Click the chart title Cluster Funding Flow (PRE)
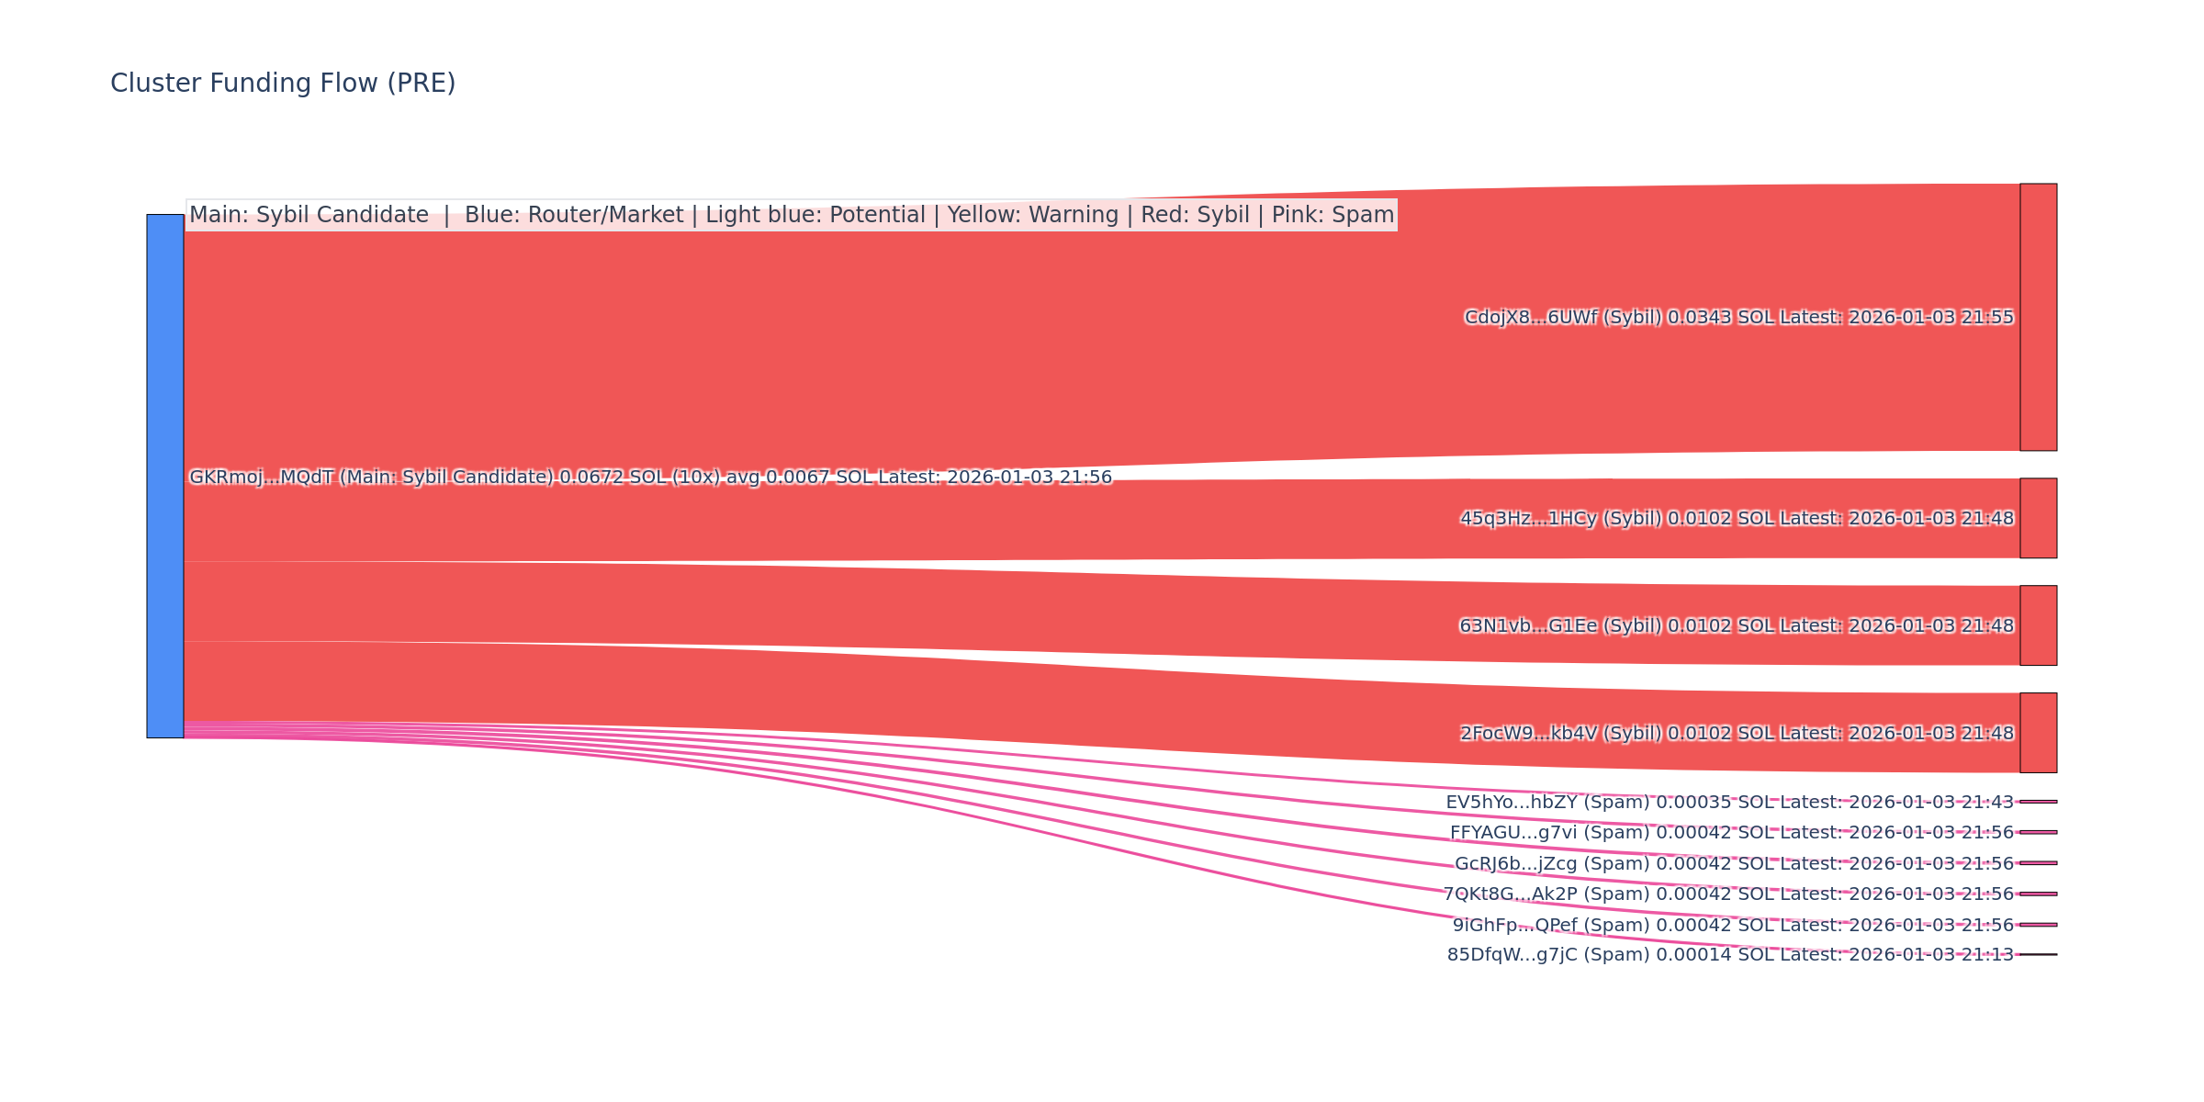click(x=283, y=84)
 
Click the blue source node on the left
click(x=165, y=476)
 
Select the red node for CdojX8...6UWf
click(x=2038, y=317)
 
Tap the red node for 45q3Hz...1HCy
click(x=2038, y=518)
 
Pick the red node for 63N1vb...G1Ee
click(x=2038, y=625)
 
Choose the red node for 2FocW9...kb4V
click(x=2038, y=733)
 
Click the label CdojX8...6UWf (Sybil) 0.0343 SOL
click(x=1738, y=318)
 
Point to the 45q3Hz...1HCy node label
click(x=1737, y=519)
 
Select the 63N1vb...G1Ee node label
click(x=1737, y=626)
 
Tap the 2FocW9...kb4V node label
click(x=1737, y=734)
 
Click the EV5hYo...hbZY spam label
click(x=1729, y=803)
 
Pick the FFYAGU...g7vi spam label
click(x=1731, y=833)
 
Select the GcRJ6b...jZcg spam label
click(x=1734, y=864)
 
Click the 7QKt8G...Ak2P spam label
click(x=1727, y=894)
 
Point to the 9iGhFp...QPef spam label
click(x=1733, y=926)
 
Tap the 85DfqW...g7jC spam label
click(x=1730, y=955)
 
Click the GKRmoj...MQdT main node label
click(x=650, y=478)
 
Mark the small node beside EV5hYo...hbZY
click(x=2038, y=802)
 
